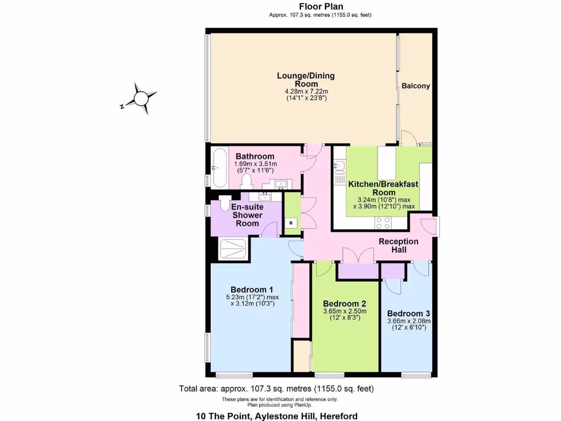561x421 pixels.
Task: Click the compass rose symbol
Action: tap(141, 99)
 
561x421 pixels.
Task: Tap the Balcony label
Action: tap(415, 86)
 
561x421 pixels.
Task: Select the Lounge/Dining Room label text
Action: tap(306, 79)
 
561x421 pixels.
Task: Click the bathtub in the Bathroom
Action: tap(216, 167)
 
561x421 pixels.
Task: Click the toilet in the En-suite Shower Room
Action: tap(225, 203)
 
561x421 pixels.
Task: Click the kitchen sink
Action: tap(340, 167)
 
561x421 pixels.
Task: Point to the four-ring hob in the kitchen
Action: tap(382, 223)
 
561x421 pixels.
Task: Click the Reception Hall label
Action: tap(398, 245)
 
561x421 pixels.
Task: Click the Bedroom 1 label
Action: tap(251, 289)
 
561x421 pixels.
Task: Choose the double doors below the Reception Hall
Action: tap(358, 255)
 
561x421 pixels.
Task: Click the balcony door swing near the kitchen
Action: tap(407, 138)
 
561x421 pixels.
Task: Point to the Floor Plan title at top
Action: tap(321, 7)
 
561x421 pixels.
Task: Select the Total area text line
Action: tap(276, 389)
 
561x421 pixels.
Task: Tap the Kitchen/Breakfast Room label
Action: tap(383, 188)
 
